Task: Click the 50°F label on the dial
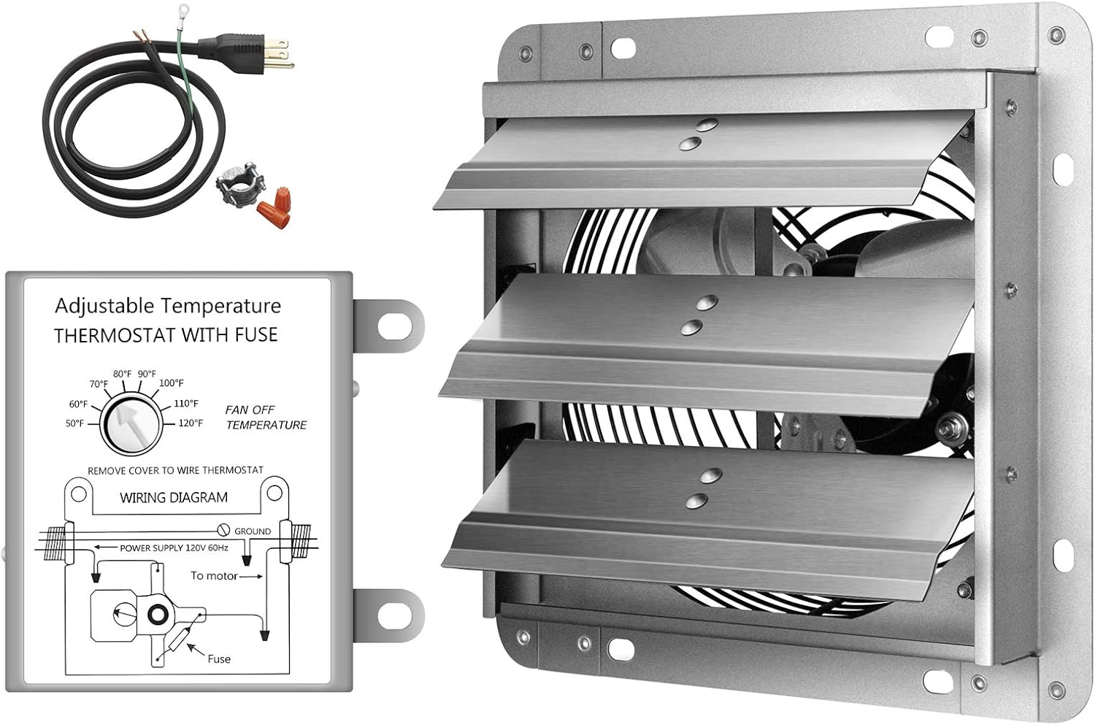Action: click(x=74, y=423)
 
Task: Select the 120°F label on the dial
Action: click(x=191, y=423)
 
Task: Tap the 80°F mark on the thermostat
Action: click(x=122, y=374)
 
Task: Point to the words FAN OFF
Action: click(x=250, y=410)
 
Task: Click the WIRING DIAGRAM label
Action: click(x=174, y=498)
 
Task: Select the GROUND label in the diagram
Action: click(x=252, y=532)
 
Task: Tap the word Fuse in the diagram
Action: click(x=218, y=659)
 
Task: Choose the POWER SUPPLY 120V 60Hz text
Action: click(x=174, y=548)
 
